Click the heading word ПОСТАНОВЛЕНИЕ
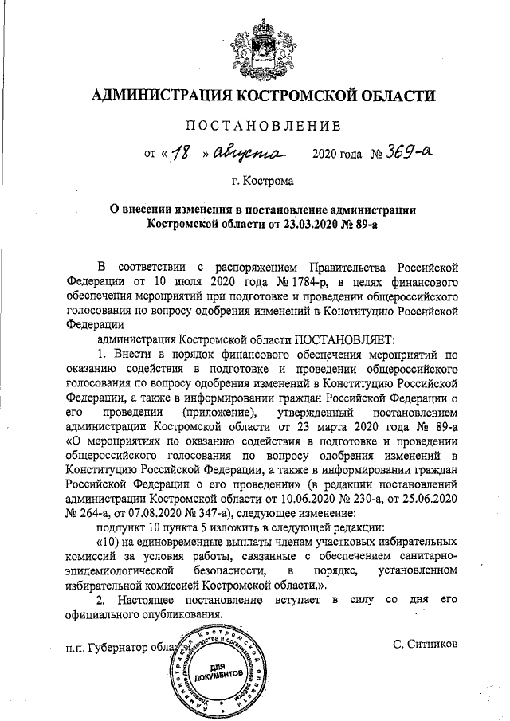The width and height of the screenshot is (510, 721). pyautogui.click(x=263, y=125)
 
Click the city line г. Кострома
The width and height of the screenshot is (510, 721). pyautogui.click(x=262, y=181)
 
